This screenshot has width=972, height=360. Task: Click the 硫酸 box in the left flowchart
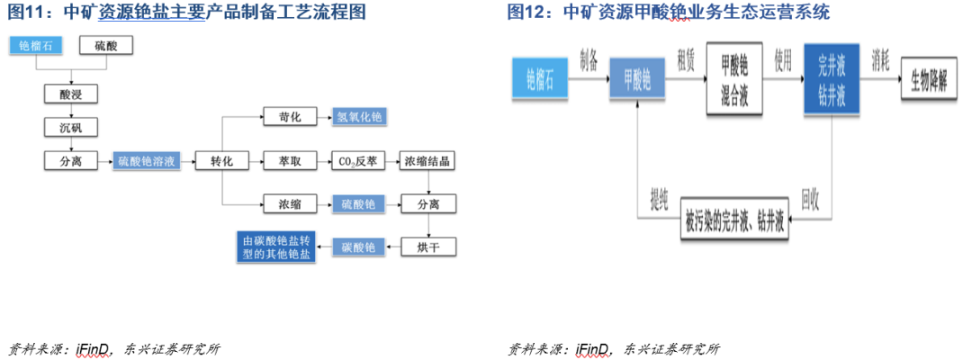pos(105,46)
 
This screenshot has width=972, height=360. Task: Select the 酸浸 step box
pos(71,93)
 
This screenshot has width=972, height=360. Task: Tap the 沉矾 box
pos(71,127)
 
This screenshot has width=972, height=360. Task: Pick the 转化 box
pos(221,161)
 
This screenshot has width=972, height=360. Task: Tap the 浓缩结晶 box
pos(427,161)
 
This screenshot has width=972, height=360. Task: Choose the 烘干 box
pos(427,246)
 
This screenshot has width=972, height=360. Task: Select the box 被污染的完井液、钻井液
pos(734,218)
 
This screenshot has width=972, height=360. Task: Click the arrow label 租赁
pos(684,57)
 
